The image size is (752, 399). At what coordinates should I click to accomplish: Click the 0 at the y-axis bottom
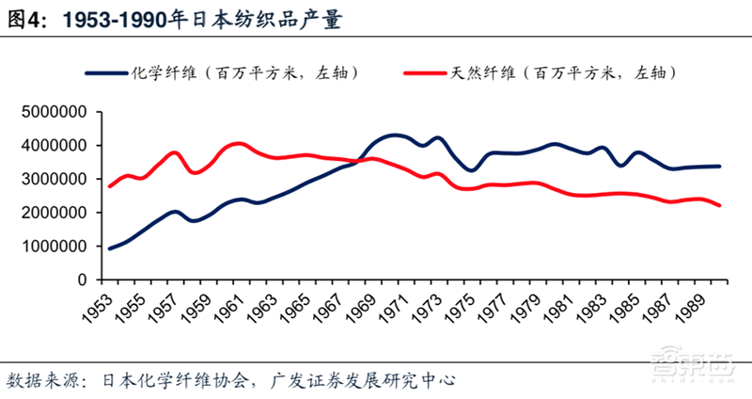83,280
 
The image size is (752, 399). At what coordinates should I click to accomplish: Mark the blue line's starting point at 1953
110,248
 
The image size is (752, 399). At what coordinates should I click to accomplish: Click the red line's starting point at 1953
110,186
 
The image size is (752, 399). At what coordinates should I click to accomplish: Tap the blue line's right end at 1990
720,167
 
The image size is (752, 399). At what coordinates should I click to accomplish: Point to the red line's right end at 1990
720,205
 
